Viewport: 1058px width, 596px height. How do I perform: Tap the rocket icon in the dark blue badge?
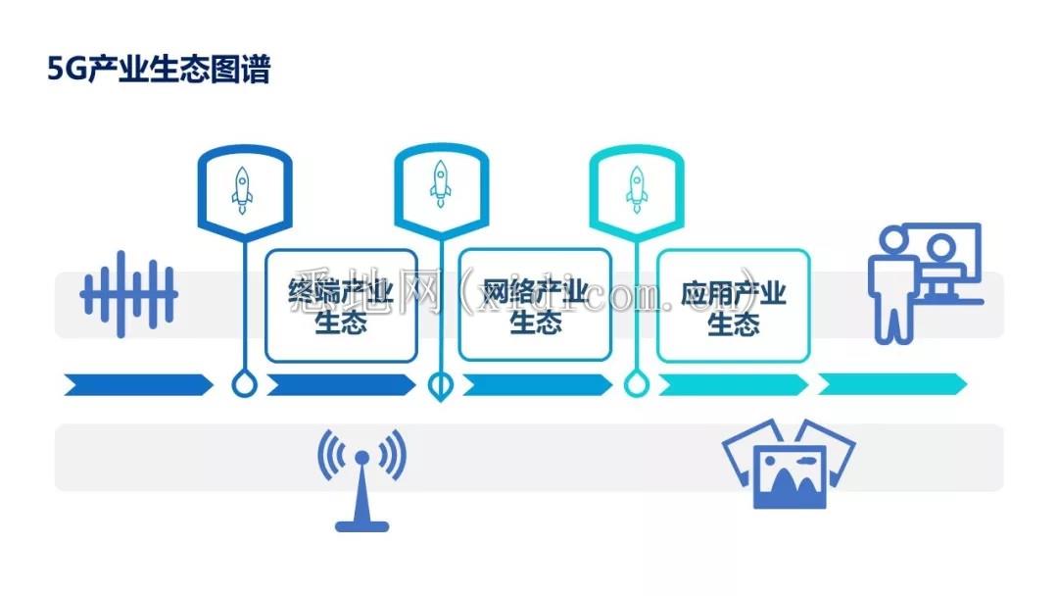tap(242, 189)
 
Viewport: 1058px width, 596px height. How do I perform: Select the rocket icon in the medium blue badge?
tap(440, 183)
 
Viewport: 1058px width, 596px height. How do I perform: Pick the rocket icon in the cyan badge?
tap(637, 188)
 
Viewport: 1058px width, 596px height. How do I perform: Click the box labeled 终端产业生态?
tap(341, 306)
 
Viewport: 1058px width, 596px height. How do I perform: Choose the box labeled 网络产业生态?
tap(535, 306)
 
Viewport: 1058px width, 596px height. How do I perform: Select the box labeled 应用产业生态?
tap(733, 306)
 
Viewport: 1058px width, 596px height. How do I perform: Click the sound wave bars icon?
tap(128, 293)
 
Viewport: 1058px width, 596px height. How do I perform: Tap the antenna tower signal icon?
tap(361, 479)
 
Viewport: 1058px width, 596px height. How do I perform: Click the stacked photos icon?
tap(788, 465)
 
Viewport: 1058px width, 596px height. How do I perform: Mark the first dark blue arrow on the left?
tap(138, 384)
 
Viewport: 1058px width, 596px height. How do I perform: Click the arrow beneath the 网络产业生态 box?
tap(537, 384)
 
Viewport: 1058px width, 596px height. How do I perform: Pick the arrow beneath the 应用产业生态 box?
tap(733, 384)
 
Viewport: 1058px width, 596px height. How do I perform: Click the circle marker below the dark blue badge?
tap(244, 384)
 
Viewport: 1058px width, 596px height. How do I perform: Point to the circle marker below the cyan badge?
tap(637, 384)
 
